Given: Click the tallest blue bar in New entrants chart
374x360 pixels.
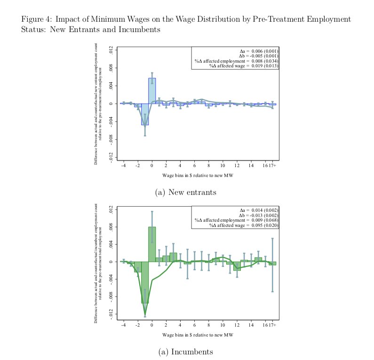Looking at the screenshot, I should point(152,91).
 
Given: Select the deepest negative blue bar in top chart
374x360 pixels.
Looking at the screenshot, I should point(145,114).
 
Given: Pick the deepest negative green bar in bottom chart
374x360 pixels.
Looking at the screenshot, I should point(145,282).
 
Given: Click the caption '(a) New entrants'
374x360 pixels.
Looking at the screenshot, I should point(185,192).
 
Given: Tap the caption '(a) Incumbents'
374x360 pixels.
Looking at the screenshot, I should point(185,352).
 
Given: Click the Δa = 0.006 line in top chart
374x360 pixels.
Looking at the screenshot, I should point(260,51).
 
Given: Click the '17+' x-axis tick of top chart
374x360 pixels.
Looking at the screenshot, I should point(272,166).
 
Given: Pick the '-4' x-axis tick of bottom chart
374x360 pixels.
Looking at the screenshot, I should point(123,325).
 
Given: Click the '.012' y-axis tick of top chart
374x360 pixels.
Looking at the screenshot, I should point(111,50).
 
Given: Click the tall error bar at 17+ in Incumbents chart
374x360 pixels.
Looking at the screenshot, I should point(272,264).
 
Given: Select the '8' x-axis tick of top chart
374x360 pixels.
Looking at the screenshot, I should point(208,166).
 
